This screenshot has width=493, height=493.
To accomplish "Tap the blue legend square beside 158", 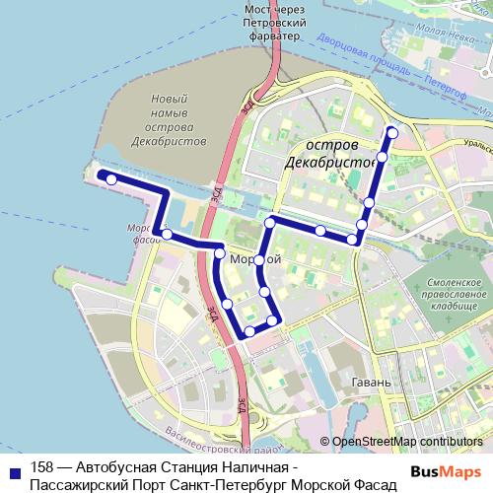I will click(13, 469).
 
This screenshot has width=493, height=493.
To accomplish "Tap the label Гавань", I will click(374, 382).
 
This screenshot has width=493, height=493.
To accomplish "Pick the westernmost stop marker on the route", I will click(111, 178).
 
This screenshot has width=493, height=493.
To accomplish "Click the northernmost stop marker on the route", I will click(392, 132).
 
